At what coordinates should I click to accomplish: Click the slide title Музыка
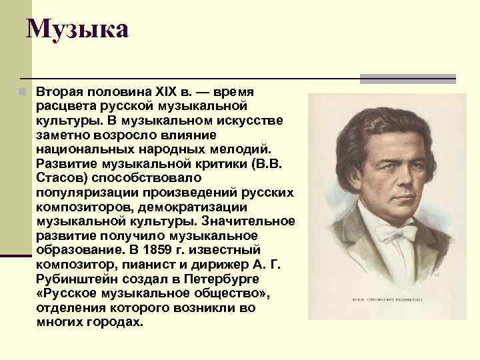pos(77,29)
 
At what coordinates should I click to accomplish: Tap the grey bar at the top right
pos(407,79)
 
